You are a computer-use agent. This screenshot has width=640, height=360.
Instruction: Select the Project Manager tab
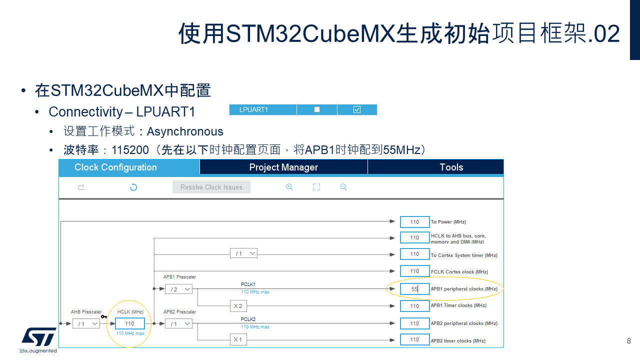(x=283, y=167)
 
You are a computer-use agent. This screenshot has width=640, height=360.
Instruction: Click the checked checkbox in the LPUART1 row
(x=357, y=109)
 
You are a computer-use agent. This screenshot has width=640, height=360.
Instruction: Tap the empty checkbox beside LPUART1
(x=317, y=109)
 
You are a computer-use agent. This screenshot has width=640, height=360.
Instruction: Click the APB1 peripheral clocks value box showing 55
(x=414, y=289)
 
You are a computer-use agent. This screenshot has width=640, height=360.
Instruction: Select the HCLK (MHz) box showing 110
(x=129, y=323)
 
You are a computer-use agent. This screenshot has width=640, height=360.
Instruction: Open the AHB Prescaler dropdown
(x=86, y=323)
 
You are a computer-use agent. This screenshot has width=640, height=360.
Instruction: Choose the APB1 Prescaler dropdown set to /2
(x=178, y=289)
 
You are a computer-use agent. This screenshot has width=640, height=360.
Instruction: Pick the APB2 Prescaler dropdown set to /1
(x=178, y=323)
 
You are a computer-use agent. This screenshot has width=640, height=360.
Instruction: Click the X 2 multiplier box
(x=238, y=306)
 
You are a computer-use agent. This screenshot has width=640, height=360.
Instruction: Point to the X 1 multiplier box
(x=238, y=339)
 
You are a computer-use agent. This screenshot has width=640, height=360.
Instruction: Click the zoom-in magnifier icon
(x=289, y=187)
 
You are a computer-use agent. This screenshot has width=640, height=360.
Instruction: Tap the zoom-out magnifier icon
(x=343, y=187)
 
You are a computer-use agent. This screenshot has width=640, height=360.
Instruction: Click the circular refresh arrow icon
(x=133, y=187)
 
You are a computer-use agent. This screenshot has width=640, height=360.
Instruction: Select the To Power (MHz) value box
(x=414, y=222)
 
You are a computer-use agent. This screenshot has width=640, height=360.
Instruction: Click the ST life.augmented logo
(x=38, y=340)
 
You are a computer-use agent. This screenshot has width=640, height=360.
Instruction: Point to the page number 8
(x=629, y=340)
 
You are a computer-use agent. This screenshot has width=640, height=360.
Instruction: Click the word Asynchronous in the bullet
(x=185, y=131)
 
